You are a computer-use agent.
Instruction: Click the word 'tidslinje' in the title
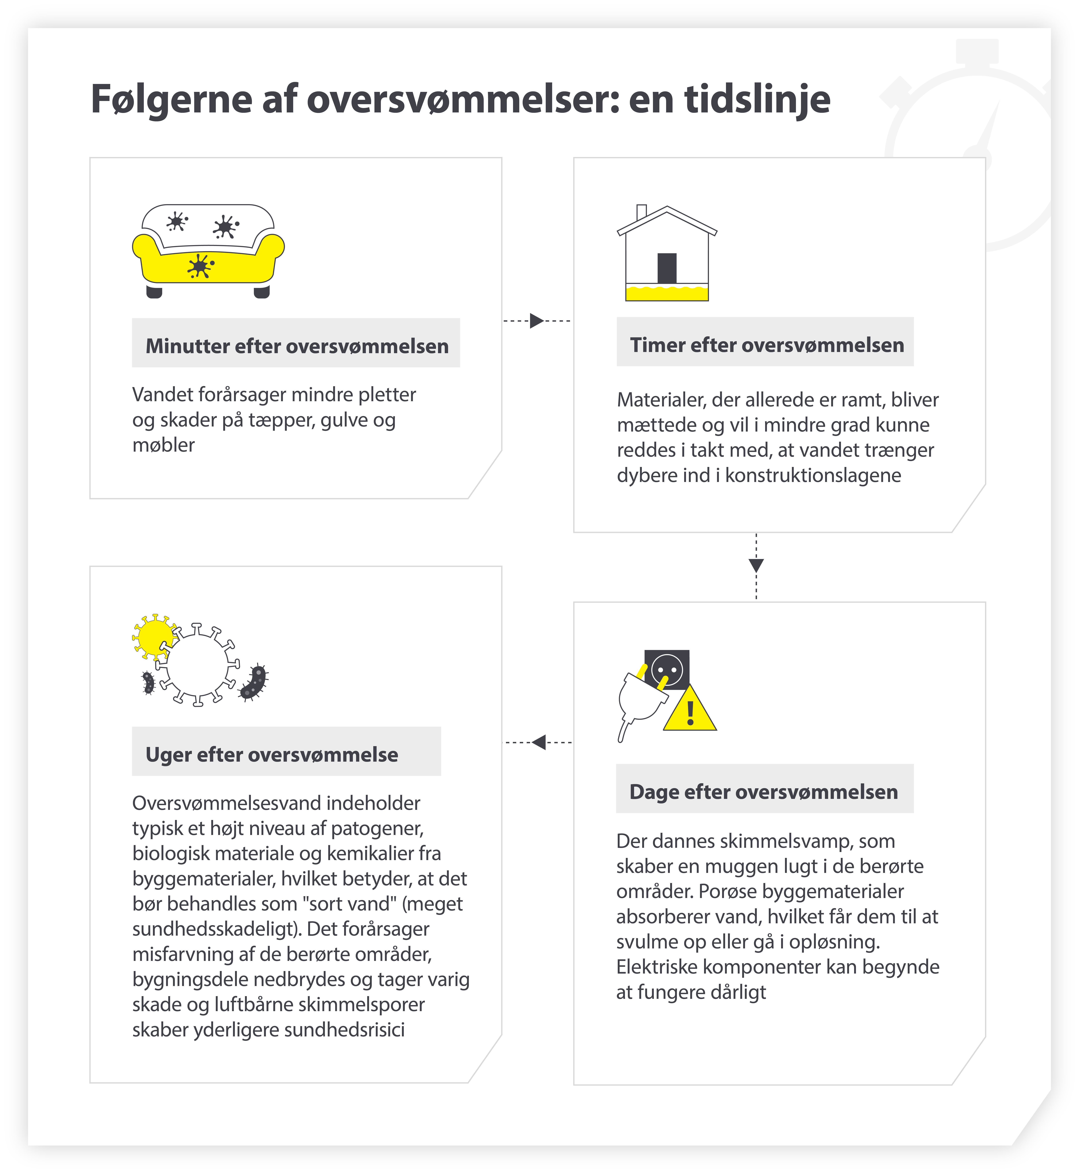(x=757, y=99)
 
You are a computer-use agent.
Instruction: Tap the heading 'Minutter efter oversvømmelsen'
(x=297, y=346)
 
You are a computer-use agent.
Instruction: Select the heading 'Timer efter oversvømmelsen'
(x=767, y=345)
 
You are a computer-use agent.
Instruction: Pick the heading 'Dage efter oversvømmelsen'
(x=764, y=792)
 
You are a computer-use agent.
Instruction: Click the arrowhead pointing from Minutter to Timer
(x=536, y=321)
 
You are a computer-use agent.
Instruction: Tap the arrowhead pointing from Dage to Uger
(x=539, y=742)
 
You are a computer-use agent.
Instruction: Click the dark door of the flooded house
(x=667, y=269)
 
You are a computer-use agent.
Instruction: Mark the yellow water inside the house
(x=667, y=293)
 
